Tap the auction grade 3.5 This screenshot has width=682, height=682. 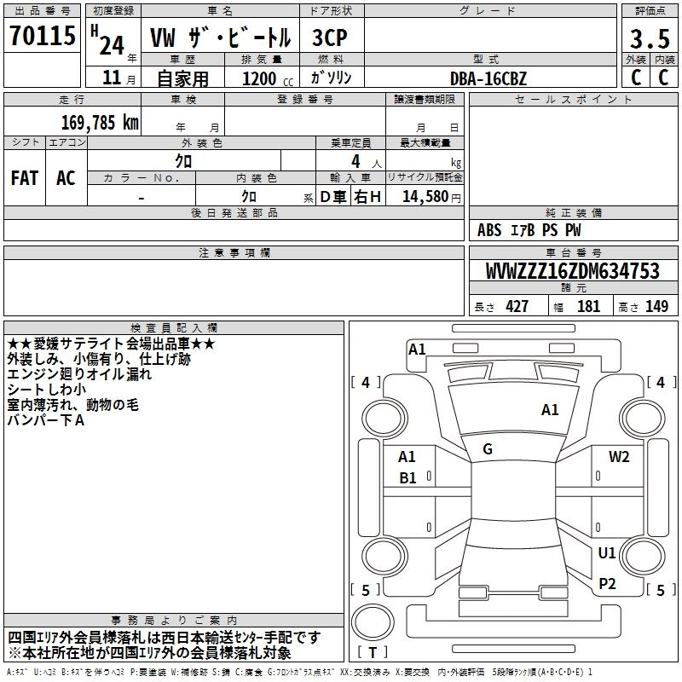coord(648,39)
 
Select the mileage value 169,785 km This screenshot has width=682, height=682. coord(100,123)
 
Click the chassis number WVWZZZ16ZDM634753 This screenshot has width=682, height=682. coord(573,272)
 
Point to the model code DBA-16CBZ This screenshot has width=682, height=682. coord(488,78)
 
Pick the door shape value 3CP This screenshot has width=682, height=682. coord(330,38)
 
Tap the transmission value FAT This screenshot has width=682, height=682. coord(25,178)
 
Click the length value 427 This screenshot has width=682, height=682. coord(517,307)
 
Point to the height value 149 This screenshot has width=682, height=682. coord(656,307)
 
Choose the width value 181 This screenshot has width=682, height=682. coord(588,307)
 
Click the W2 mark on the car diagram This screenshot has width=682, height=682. coord(619,457)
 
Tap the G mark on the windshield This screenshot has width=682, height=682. coord(488,449)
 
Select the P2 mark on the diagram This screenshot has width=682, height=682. coord(607,583)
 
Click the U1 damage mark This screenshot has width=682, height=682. coord(607,553)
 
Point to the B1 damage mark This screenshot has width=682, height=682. coord(407,478)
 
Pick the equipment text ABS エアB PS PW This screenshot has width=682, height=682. coord(530,230)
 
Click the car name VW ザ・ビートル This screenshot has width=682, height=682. coord(220,38)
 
